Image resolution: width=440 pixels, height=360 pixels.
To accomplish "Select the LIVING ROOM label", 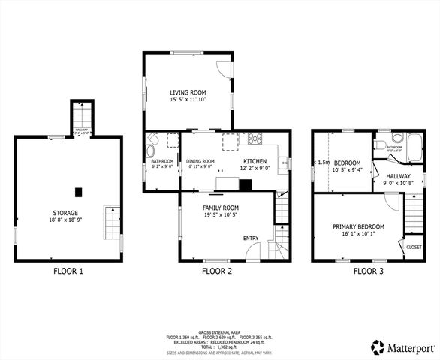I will point(187,92).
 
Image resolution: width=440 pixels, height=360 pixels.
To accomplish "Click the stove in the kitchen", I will point(255,138).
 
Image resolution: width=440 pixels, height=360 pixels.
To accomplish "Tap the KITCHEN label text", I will point(255,161).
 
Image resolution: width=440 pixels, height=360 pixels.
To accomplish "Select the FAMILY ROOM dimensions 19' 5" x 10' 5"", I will point(221,215).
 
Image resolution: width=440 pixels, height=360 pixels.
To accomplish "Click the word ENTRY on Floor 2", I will point(251,238).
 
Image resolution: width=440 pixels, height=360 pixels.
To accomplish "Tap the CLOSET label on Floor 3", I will point(414,247).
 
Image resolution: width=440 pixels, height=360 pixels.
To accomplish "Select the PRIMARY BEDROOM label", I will point(359,226).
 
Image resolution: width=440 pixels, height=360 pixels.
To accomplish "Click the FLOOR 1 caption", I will point(68,271).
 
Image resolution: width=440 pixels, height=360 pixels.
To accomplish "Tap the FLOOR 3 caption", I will point(369,271).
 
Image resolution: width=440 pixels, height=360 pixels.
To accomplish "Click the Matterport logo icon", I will point(378,346).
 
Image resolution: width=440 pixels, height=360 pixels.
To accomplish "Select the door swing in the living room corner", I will point(223,67).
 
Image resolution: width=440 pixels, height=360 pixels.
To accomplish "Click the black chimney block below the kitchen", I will point(245,184).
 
